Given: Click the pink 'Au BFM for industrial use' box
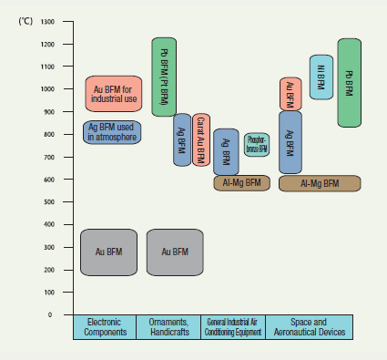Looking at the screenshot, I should click(x=113, y=93).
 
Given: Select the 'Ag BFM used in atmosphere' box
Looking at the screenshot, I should click(x=113, y=132).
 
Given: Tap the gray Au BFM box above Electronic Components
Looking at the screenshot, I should click(x=108, y=252).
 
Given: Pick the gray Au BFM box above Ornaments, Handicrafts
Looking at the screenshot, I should click(x=174, y=252).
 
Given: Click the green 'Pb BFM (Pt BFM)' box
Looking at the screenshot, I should click(x=164, y=77).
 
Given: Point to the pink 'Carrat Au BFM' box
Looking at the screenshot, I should click(x=201, y=139).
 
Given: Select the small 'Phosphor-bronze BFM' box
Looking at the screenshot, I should click(x=257, y=144).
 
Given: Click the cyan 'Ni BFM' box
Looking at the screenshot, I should click(x=321, y=77).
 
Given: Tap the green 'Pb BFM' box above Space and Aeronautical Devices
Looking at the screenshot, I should click(x=350, y=82).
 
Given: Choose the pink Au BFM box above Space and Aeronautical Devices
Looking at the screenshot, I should click(x=290, y=93).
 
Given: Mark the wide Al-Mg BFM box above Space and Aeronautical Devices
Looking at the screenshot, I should click(x=320, y=183).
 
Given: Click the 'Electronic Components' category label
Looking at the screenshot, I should click(x=104, y=327).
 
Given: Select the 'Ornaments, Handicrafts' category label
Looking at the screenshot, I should click(x=168, y=327).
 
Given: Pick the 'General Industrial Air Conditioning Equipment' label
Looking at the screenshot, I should click(x=233, y=327).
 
